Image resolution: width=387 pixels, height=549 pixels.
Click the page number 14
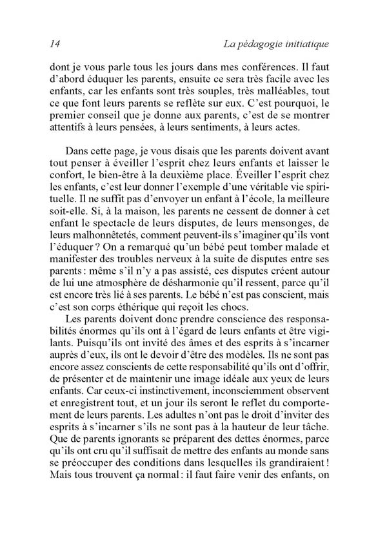tap(55, 44)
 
